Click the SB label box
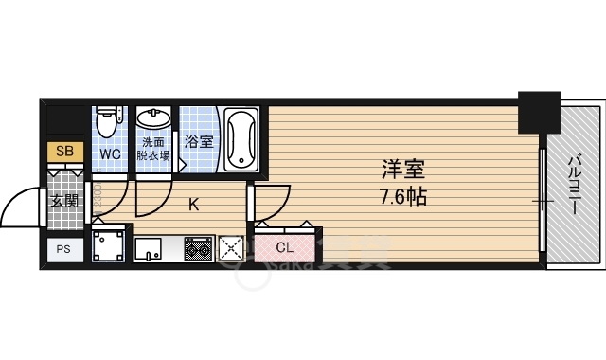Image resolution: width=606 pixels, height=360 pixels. point(64,152)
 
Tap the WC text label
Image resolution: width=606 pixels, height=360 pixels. point(110,153)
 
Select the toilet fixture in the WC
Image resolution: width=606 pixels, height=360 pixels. point(109,121)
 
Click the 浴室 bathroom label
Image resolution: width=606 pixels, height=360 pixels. point(198,142)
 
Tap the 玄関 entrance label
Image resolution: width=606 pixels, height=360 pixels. point(64,201)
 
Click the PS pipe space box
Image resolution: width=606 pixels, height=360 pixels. point(64,249)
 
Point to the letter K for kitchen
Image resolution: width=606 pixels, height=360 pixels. point(193,204)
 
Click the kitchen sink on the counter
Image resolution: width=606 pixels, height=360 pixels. point(150,249)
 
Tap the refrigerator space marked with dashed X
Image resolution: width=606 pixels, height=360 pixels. point(231,249)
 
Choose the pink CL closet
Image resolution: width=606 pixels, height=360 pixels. point(284,248)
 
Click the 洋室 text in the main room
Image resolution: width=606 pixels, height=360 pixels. point(402,171)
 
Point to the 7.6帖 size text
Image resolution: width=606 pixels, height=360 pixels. point(402,198)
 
